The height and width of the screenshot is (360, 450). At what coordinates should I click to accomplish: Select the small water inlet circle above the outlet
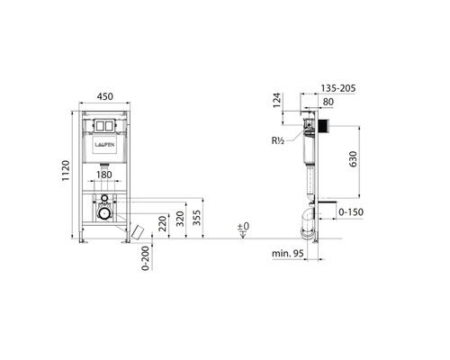click(105, 197)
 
